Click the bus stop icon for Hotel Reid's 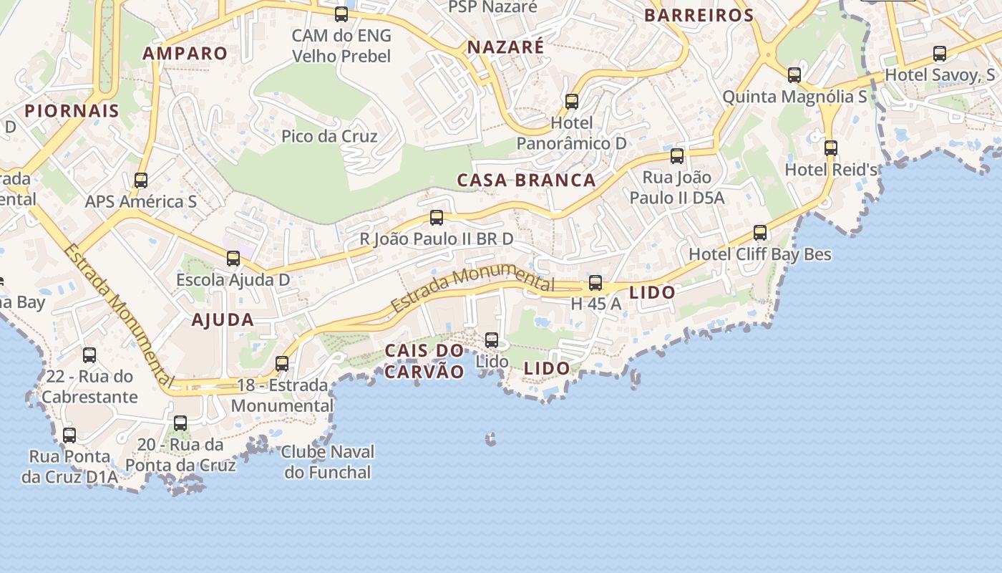[830, 148]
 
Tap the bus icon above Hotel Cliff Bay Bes [760, 233]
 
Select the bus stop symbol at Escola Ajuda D [233, 259]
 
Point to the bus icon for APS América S [141, 180]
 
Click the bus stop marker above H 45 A [595, 283]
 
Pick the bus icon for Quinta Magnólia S [794, 74]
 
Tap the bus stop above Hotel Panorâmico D [571, 102]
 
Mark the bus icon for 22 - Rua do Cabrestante [89, 355]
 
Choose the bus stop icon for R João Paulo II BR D [437, 218]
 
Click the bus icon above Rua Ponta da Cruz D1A [69, 435]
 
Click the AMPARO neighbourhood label [185, 53]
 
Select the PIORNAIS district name [72, 110]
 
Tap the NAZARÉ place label [505, 47]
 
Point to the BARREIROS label [699, 15]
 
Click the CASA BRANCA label [526, 180]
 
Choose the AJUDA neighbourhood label [223, 320]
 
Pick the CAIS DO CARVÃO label [425, 361]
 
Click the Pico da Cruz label [329, 136]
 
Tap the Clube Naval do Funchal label [328, 462]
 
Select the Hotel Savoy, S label [940, 75]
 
